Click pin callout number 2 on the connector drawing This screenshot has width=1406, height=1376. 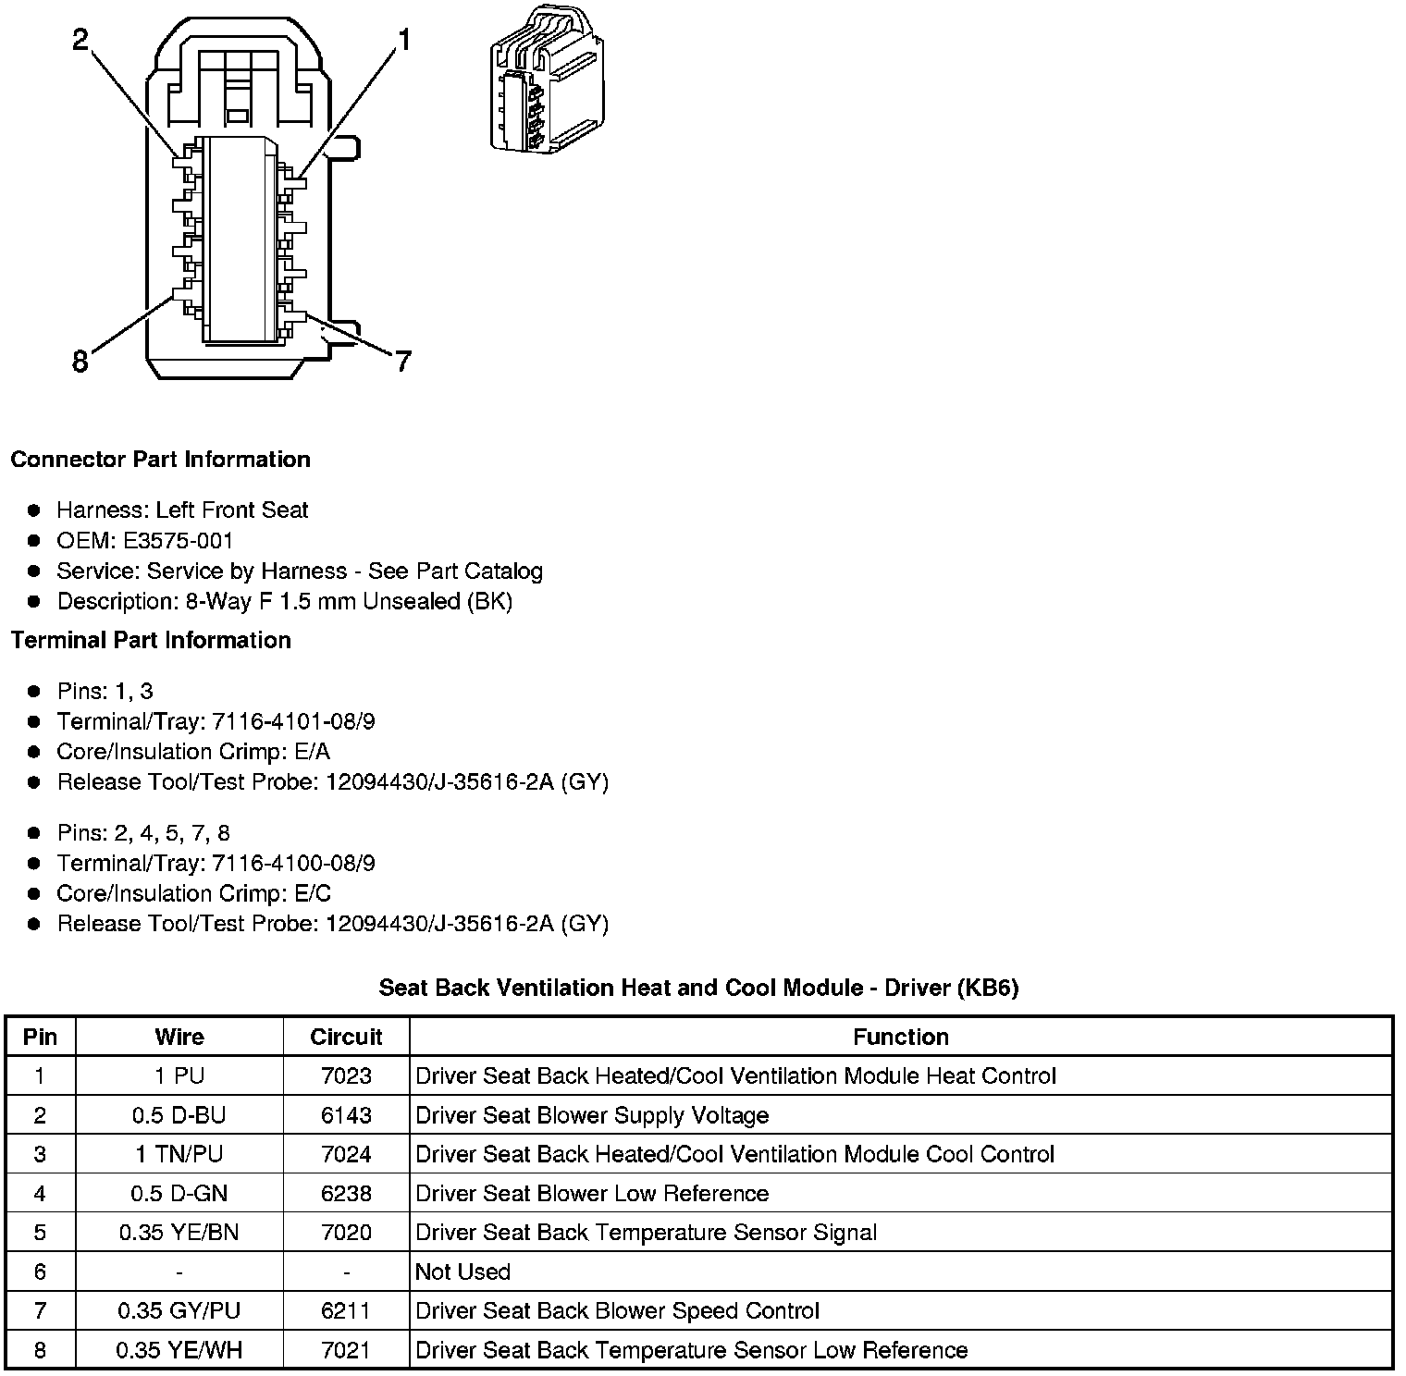pyautogui.click(x=81, y=39)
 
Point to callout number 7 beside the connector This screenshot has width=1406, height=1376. pyautogui.click(x=402, y=362)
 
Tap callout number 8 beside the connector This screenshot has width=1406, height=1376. pyautogui.click(x=80, y=362)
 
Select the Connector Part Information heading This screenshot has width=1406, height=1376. pyautogui.click(x=160, y=460)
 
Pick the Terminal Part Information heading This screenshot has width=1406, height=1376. pyautogui.click(x=151, y=640)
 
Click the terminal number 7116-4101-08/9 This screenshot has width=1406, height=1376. pyautogui.click(x=293, y=721)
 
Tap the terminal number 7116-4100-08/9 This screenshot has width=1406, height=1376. pyautogui.click(x=293, y=863)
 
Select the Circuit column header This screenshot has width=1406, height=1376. pyautogui.click(x=346, y=1037)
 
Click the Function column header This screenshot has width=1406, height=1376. pyautogui.click(x=901, y=1037)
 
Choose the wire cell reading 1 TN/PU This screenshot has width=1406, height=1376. pyautogui.click(x=179, y=1154)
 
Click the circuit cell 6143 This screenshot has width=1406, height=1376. pyautogui.click(x=346, y=1115)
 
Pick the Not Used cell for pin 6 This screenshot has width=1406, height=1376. pyautogui.click(x=462, y=1272)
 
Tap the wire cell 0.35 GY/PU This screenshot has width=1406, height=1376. pyautogui.click(x=179, y=1310)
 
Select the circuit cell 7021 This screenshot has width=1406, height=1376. pyautogui.click(x=346, y=1350)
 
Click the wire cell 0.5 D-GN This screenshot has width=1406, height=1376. pyautogui.click(x=179, y=1193)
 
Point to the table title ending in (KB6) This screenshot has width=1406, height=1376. pyautogui.click(x=698, y=988)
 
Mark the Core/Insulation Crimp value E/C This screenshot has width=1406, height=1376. pyautogui.click(x=313, y=893)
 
